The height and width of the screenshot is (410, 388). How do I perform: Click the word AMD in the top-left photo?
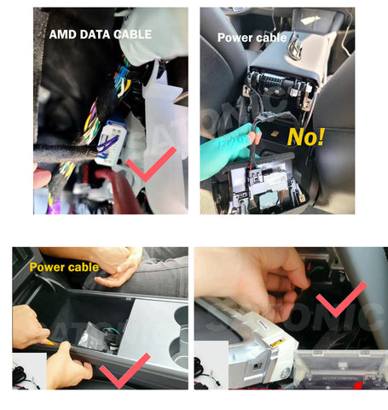coord(63,34)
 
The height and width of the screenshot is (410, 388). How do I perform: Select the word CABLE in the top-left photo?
coord(132,34)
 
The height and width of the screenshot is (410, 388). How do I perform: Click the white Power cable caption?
coord(252,38)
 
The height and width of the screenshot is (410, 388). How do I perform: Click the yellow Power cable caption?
coord(64,267)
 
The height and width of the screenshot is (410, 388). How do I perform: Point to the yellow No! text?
coord(305,137)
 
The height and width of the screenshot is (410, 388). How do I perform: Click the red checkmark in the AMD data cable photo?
coord(151,164)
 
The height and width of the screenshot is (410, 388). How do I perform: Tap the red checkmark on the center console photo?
coord(125,371)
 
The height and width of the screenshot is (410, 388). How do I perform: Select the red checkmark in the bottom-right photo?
coord(341,300)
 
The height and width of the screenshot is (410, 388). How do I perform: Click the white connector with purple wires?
coord(109,143)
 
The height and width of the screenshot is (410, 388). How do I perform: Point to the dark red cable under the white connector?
coord(119,190)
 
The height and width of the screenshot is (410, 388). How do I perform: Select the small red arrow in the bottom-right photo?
coord(358,385)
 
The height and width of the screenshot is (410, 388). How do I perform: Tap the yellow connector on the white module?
coord(277,343)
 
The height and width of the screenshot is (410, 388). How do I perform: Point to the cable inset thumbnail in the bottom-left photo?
coord(30,372)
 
